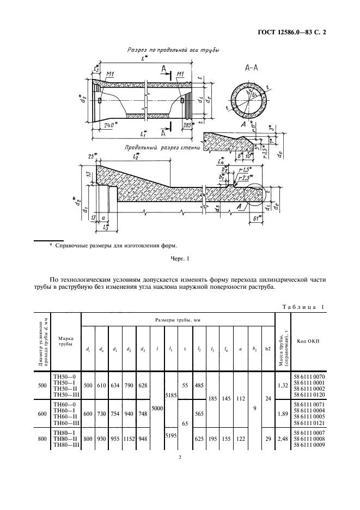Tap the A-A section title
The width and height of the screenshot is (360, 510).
[x=251, y=68]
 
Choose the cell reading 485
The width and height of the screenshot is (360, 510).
[x=200, y=385]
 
